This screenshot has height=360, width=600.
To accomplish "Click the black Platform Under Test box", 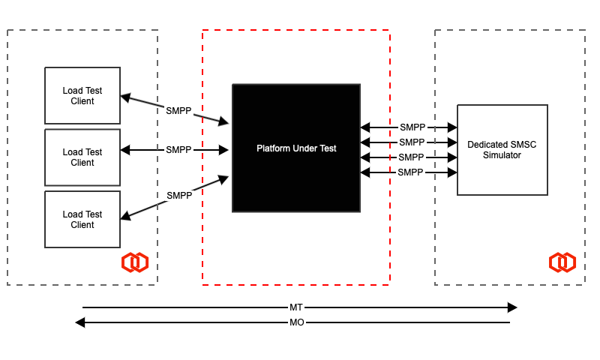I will point(296,180).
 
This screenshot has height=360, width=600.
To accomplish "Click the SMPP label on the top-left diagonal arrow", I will point(178,110).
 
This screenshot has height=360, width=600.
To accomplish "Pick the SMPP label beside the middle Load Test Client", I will point(178,150).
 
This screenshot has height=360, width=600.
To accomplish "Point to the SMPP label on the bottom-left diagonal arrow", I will point(178,195).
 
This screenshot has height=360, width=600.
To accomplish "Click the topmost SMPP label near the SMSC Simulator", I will point(412,127).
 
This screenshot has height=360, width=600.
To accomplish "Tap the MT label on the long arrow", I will point(296,307).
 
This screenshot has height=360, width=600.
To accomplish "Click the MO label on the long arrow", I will point(296,322).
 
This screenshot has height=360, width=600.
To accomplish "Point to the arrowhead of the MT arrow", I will point(513,307).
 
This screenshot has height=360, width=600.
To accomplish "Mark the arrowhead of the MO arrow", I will point(79,322).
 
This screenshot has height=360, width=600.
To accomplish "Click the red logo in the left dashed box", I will point(135,262).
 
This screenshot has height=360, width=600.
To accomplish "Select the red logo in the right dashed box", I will point(562,262).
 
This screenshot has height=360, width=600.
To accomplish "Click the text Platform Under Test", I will point(296,148).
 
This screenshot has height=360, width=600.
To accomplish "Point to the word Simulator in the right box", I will point(502,154).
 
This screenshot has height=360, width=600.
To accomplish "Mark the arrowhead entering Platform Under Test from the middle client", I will point(223,150).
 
